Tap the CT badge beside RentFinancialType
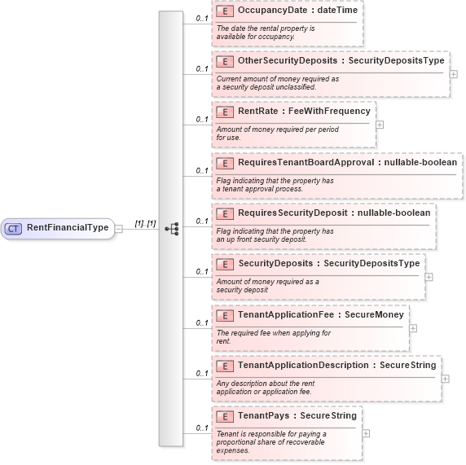click(x=14, y=228)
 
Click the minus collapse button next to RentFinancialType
click(x=118, y=229)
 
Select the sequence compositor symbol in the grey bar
click(x=171, y=229)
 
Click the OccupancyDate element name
click(x=271, y=10)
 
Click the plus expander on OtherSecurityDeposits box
click(x=454, y=74)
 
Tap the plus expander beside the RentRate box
click(x=380, y=125)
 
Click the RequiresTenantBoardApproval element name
click(x=306, y=162)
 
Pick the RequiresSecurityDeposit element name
click(x=297, y=213)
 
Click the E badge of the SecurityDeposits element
click(x=224, y=264)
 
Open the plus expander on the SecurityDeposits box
click(x=429, y=277)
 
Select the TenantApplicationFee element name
click(x=289, y=314)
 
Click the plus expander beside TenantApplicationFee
click(x=413, y=328)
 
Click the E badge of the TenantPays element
click(x=224, y=416)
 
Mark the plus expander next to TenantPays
click(x=367, y=433)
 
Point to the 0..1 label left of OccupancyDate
click(x=201, y=17)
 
